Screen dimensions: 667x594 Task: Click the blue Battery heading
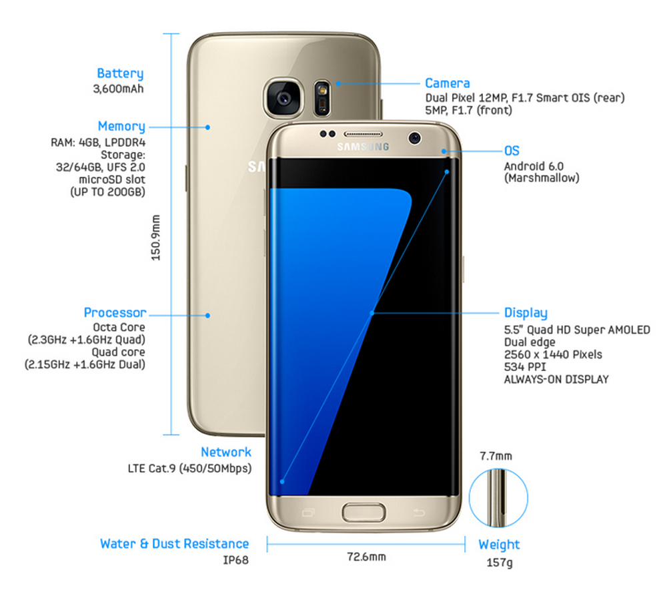(120, 73)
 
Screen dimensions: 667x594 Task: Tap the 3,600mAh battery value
(119, 88)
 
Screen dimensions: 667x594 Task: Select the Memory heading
(121, 126)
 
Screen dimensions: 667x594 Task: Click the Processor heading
(115, 312)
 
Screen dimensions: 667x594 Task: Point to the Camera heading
(448, 83)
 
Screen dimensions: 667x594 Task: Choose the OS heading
(512, 151)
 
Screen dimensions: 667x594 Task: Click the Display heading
(526, 313)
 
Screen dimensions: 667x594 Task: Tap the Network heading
(226, 452)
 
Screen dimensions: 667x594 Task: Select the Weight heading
(499, 545)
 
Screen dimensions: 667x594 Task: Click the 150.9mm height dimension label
(155, 237)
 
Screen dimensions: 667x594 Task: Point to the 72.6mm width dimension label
(366, 556)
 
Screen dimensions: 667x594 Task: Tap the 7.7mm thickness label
(496, 457)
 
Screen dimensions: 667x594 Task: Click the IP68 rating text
(235, 560)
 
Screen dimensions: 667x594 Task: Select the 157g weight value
(499, 562)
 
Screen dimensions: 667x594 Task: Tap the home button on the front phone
(364, 513)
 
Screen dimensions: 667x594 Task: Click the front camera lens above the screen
(416, 137)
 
